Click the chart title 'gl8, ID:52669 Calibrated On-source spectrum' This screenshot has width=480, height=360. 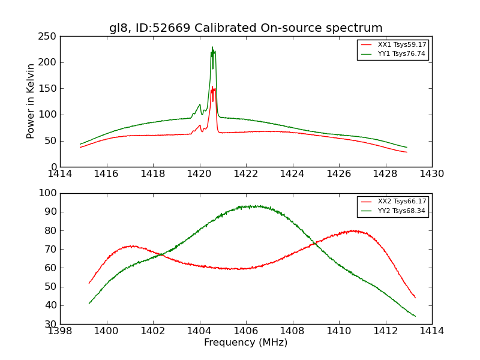[x=245, y=28]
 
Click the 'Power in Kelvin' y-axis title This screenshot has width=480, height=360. [x=31, y=101]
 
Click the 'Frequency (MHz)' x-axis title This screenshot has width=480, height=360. [x=245, y=343]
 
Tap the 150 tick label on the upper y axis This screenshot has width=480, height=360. [x=50, y=89]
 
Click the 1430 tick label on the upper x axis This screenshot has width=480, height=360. [x=431, y=174]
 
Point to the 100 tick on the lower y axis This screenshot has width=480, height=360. [x=50, y=193]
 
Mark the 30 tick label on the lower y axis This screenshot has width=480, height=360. [x=52, y=324]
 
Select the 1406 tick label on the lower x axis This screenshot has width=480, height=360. [x=245, y=331]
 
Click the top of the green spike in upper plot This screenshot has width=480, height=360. [x=212, y=47]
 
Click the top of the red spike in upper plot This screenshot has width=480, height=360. [x=212, y=87]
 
